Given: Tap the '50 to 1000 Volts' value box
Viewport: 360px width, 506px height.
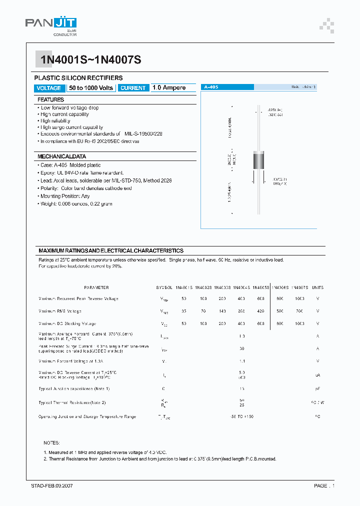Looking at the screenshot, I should (x=91, y=88).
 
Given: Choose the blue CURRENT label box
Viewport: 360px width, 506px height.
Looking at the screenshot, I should (x=133, y=88).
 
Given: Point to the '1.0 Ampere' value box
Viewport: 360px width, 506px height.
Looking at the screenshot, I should (x=169, y=88).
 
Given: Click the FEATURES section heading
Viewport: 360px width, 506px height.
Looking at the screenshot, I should (x=51, y=99).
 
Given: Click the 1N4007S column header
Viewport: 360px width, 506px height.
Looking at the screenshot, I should (x=299, y=287).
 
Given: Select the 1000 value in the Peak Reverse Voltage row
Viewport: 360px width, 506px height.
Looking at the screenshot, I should (x=299, y=298).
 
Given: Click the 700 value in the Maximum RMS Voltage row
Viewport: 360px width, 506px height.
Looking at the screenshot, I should (x=299, y=311).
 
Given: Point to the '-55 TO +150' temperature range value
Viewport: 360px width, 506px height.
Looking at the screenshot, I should (x=242, y=416).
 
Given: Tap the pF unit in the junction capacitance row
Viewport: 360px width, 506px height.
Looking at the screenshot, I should (x=317, y=388).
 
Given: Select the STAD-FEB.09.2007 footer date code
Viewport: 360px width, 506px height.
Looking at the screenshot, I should (x=52, y=485).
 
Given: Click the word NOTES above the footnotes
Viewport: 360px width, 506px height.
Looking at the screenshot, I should (x=51, y=443).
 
